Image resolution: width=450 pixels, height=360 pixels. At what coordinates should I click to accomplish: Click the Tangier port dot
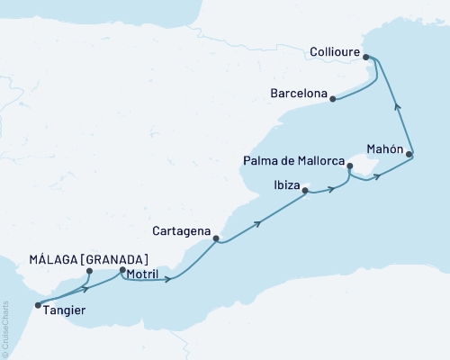[37, 305]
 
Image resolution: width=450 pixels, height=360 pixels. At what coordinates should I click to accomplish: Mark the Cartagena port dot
[216, 239]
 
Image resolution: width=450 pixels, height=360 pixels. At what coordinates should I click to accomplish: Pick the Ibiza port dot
[305, 191]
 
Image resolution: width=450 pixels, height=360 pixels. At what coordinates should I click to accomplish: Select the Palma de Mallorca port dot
[348, 165]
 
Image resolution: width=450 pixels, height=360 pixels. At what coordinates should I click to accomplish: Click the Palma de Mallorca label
[293, 161]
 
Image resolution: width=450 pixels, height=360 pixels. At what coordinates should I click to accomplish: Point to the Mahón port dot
[409, 156]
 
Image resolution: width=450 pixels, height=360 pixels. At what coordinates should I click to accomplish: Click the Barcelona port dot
[333, 99]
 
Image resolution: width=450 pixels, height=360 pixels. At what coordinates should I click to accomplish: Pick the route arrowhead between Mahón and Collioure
[398, 106]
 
